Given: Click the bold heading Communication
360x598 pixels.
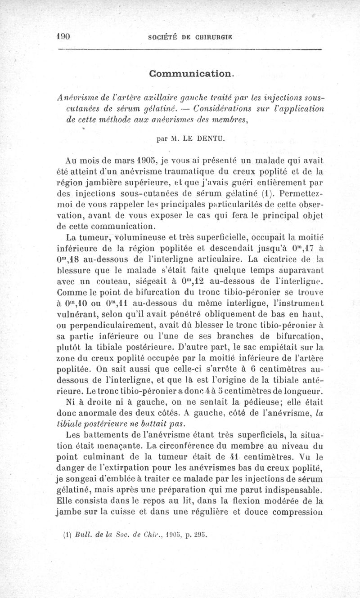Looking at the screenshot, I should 191,73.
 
